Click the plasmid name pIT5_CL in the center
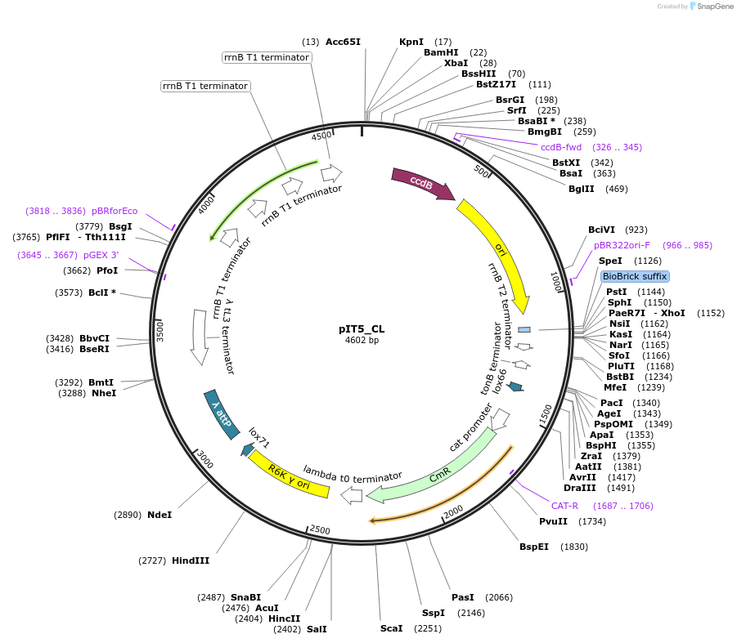[362, 329]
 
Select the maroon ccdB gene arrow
[422, 184]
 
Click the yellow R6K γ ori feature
[288, 477]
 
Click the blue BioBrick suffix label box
[635, 276]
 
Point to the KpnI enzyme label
[411, 42]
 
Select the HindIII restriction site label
[191, 560]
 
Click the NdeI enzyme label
[160, 515]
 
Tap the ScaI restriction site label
[392, 628]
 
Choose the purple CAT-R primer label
[564, 506]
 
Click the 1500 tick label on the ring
[546, 414]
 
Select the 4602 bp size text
[362, 340]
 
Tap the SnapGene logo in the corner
[709, 7]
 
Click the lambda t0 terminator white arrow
[352, 494]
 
